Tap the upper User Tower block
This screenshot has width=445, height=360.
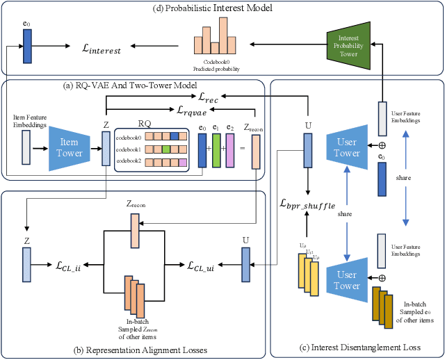(x=346, y=147)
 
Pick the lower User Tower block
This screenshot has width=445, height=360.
(x=346, y=280)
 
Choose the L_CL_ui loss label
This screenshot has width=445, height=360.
(x=205, y=265)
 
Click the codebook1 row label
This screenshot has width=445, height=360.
(x=128, y=149)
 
